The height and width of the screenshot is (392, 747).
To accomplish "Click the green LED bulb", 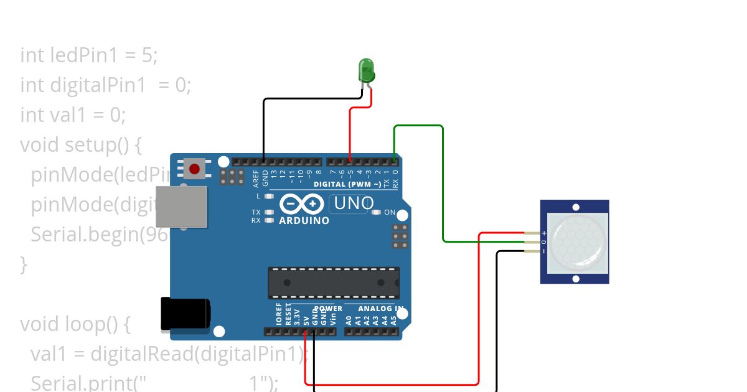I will click(x=366, y=68).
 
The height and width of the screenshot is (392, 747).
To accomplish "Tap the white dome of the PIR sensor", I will click(x=576, y=241).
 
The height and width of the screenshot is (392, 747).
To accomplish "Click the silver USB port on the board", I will click(x=181, y=206).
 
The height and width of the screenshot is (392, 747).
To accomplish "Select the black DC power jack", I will click(x=185, y=314).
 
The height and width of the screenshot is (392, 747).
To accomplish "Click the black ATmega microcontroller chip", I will click(x=334, y=282).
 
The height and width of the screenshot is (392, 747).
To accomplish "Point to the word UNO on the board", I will click(x=354, y=203).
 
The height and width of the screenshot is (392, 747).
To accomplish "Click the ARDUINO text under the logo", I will click(x=304, y=221).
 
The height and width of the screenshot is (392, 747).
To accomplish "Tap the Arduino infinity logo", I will click(x=302, y=204).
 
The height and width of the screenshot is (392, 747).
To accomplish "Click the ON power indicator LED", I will click(x=376, y=212).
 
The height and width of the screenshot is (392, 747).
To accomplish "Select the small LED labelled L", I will click(x=269, y=196).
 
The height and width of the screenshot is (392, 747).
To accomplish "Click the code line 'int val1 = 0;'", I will click(x=73, y=114).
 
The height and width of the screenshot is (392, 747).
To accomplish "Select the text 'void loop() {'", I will click(x=76, y=324).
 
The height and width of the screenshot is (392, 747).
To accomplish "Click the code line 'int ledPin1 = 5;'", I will click(x=89, y=55).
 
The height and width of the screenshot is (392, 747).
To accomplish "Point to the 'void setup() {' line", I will click(x=82, y=145).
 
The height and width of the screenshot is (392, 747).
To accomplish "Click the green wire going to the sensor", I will click(x=443, y=187).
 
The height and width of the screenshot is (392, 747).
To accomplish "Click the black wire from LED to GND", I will click(x=264, y=124).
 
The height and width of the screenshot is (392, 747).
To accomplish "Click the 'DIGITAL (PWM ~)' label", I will click(x=347, y=184).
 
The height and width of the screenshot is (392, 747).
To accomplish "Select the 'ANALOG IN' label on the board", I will click(x=382, y=309).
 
